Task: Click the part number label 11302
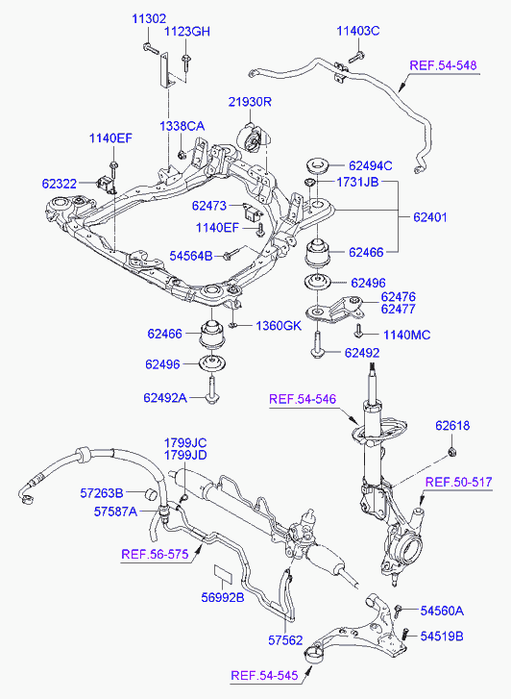point(149,18)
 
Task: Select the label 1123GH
point(187,32)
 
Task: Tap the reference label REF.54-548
point(443,65)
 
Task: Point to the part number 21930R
point(250,102)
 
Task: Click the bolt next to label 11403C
point(356,57)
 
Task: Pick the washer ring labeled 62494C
point(317,166)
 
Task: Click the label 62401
point(430,217)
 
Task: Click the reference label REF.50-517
point(458,482)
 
